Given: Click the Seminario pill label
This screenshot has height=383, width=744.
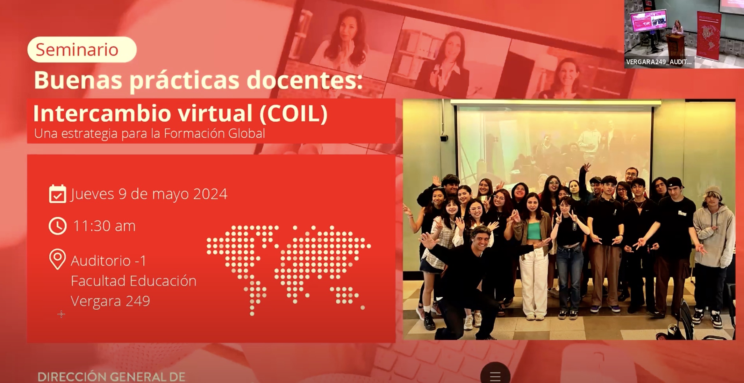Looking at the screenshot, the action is [x=82, y=49].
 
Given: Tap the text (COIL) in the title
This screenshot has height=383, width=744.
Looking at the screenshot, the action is [x=293, y=113].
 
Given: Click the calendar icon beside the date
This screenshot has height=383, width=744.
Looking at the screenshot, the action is [x=57, y=194].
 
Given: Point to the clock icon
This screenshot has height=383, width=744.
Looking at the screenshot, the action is [x=58, y=226].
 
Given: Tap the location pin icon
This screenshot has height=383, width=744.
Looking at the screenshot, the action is [x=57, y=259].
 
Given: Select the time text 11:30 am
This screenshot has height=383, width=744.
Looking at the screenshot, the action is [x=104, y=226].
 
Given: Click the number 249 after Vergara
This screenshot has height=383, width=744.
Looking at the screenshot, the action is [x=138, y=301].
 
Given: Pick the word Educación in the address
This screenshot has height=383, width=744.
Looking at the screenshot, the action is [x=163, y=281].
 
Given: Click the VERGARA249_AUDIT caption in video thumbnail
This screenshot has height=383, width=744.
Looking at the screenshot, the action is [x=659, y=62].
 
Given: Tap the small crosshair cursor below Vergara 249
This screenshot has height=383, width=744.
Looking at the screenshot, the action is [x=61, y=314].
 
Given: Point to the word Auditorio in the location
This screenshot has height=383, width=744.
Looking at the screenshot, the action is [x=101, y=261].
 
